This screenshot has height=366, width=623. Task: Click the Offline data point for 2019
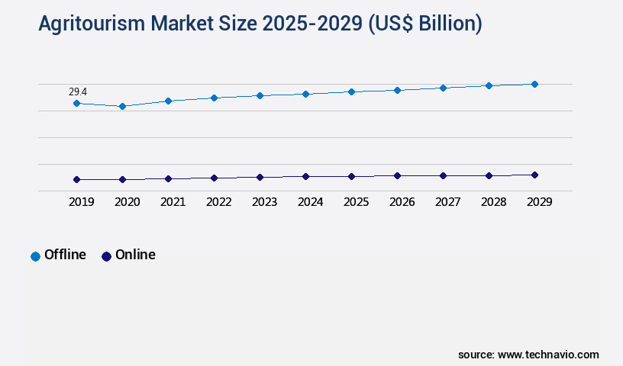point(76,103)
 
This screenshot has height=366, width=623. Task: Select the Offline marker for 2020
point(122,106)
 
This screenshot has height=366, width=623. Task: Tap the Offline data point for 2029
point(534,84)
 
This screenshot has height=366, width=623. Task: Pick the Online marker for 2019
point(76,179)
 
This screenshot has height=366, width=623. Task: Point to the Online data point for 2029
point(534,175)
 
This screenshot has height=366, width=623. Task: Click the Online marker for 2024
point(305,176)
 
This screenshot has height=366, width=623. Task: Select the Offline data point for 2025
point(351,91)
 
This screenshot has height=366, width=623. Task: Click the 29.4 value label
point(78,91)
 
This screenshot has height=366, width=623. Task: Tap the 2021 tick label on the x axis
point(173,202)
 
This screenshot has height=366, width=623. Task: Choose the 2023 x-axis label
point(264,202)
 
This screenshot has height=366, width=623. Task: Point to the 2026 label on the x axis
point(402,202)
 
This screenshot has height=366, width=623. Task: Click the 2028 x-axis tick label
point(493,202)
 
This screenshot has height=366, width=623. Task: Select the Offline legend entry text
point(65,255)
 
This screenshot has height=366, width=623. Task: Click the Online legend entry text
point(135,255)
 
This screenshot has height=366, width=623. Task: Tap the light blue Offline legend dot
point(35,256)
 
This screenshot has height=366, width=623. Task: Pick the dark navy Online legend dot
point(106,256)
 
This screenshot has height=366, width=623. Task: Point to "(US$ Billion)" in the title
point(424,24)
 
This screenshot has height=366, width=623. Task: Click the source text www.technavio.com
point(548,355)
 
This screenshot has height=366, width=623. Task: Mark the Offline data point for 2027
point(443,88)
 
